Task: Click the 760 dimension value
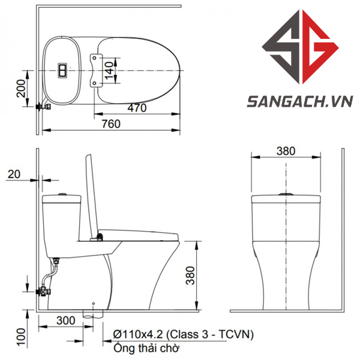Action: click(x=111, y=124)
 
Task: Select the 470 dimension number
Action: click(x=137, y=108)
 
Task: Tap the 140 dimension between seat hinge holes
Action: click(x=110, y=70)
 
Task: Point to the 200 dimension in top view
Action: click(x=22, y=88)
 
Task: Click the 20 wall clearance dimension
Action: click(x=14, y=174)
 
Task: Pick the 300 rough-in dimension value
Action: click(x=66, y=320)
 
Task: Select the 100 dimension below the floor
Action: click(x=22, y=337)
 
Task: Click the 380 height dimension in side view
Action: click(x=190, y=275)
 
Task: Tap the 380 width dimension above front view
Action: click(x=286, y=151)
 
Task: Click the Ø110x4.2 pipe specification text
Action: click(x=184, y=335)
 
